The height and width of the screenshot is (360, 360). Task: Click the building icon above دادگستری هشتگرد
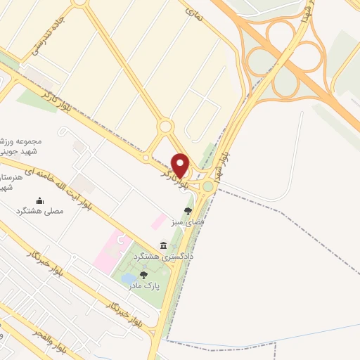pyautogui.click(x=164, y=245)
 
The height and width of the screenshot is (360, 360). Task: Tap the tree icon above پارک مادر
pyautogui.click(x=144, y=275)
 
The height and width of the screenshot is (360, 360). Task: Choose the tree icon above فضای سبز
pyautogui.click(x=187, y=210)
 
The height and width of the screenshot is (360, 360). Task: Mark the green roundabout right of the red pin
pyautogui.click(x=209, y=186)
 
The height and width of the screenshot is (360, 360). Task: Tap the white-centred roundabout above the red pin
pyautogui.click(x=166, y=127)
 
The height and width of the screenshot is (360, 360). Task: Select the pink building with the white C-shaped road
pyautogui.click(x=112, y=246)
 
